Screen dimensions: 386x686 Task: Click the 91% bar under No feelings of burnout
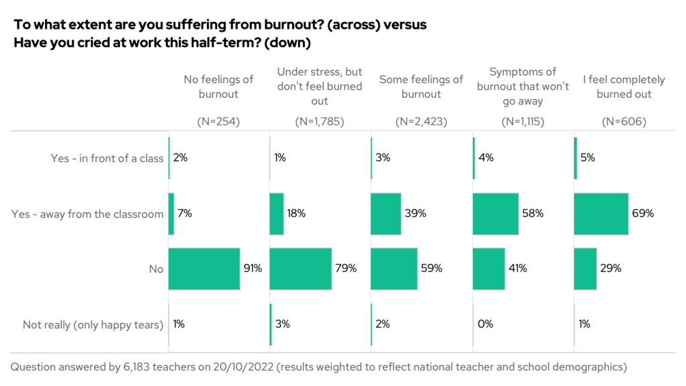pos(204,269)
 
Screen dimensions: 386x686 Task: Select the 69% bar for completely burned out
pos(601,214)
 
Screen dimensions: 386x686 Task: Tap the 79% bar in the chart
pos(300,269)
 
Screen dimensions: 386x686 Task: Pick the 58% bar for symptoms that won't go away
pos(496,214)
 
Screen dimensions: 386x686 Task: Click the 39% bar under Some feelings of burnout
pos(386,214)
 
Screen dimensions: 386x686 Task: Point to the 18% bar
pos(276,214)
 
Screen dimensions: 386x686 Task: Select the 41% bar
pos(489,269)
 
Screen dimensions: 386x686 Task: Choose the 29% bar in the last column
pos(586,269)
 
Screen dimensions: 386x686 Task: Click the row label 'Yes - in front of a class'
pos(107,159)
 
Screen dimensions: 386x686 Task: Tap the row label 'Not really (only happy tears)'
pos(93,325)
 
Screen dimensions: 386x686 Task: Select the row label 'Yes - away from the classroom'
pos(88,214)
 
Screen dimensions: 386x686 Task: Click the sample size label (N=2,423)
pos(421,122)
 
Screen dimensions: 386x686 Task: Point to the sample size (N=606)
pos(624,122)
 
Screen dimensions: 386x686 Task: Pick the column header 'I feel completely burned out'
pos(624,86)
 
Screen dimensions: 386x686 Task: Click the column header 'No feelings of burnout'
pos(218,86)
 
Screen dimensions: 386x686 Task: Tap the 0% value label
pos(485,324)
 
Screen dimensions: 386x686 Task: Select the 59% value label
pos(431,269)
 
